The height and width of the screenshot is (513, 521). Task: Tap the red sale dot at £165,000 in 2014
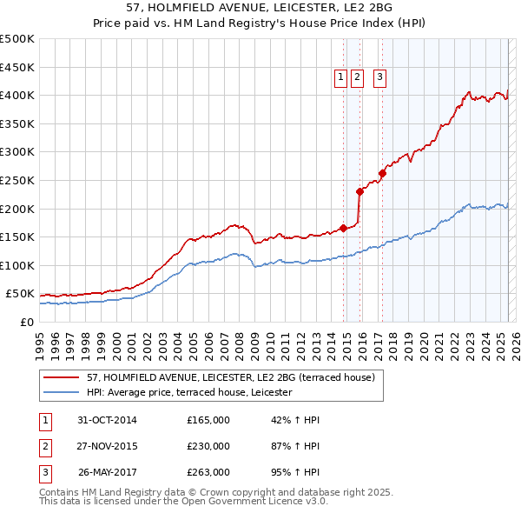click(x=344, y=229)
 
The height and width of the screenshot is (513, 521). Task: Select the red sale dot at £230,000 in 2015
click(x=360, y=191)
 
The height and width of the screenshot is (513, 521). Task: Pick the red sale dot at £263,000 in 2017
click(x=383, y=173)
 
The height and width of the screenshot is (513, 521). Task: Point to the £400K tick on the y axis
click(x=17, y=96)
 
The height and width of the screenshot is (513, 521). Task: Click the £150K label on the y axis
click(x=17, y=237)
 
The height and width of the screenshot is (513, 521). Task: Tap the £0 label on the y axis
click(x=26, y=322)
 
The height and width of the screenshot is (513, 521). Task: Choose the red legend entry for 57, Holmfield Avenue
click(x=230, y=377)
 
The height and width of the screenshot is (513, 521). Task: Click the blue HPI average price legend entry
click(x=189, y=393)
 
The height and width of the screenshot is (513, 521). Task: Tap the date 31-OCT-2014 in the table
click(x=107, y=420)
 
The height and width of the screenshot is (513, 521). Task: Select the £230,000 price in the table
click(x=208, y=446)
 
